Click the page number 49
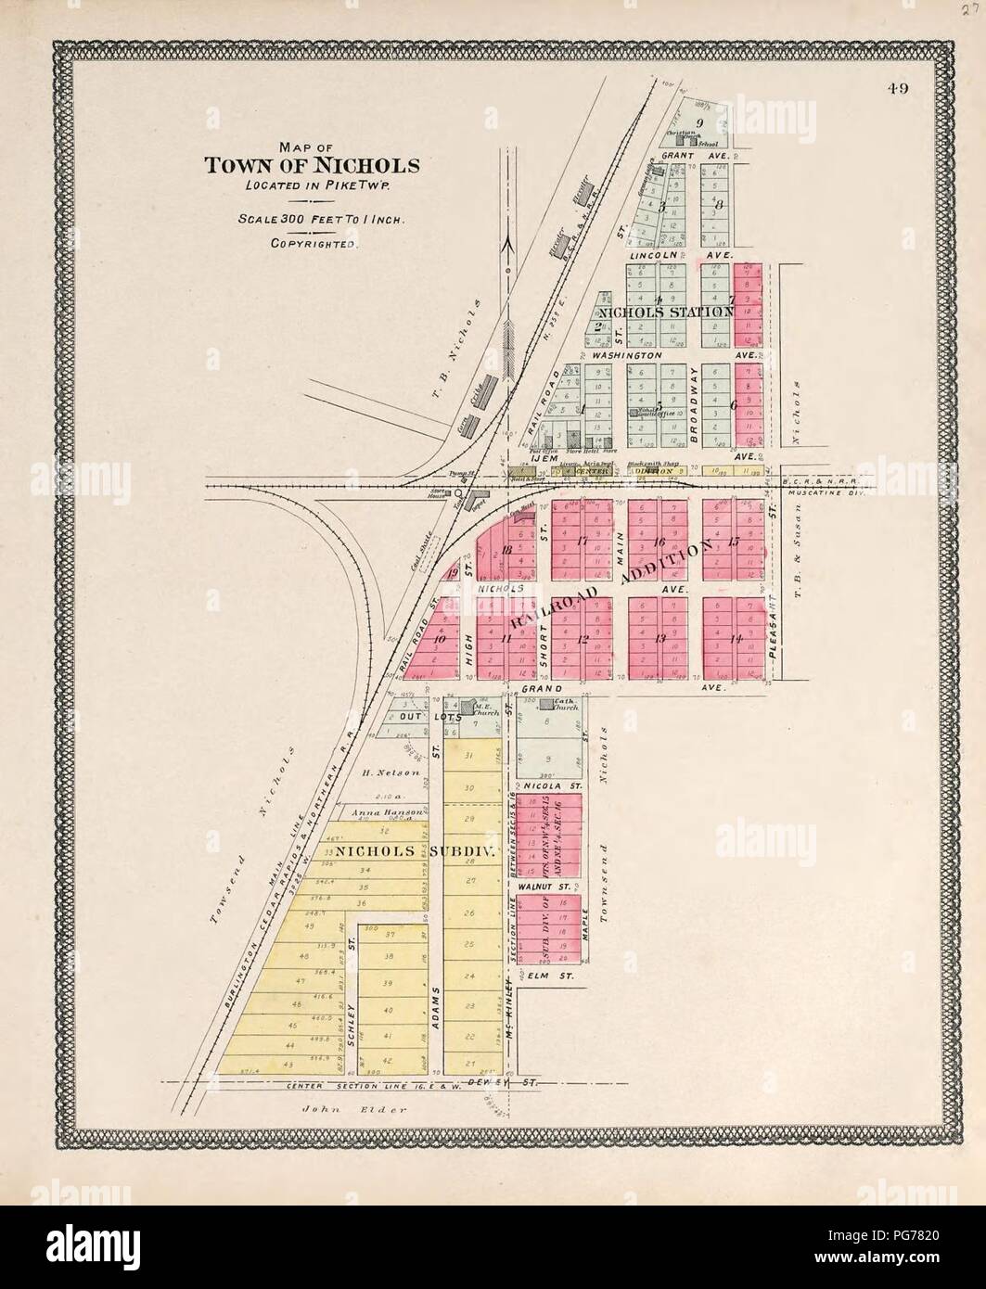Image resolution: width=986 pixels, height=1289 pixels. coord(896,89)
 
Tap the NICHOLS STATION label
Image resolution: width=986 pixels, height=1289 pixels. coord(665,313)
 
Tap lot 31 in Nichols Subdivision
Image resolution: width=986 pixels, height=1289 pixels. coord(469,756)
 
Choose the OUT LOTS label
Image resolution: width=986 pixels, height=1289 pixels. coord(409,717)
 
